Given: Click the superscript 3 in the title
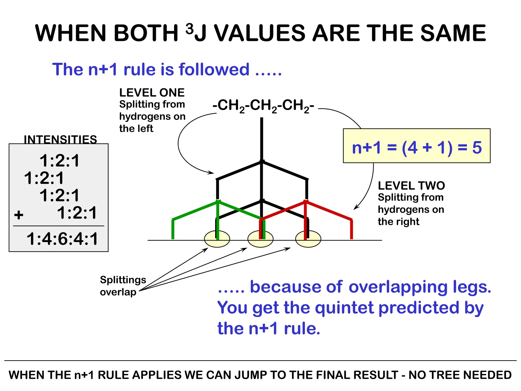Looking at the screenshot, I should click(x=190, y=29).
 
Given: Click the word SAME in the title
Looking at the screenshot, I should click(x=453, y=33).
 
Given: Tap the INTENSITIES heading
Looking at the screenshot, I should click(x=60, y=139).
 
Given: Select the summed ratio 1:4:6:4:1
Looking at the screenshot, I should click(x=62, y=239).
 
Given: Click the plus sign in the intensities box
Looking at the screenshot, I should click(x=19, y=215).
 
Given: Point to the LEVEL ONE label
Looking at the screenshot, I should click(x=152, y=93).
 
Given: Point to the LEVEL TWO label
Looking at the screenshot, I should click(x=411, y=186).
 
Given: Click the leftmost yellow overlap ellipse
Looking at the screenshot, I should click(x=217, y=239).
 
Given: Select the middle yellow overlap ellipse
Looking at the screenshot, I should click(x=260, y=239).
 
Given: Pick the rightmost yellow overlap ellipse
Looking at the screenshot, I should click(x=308, y=239).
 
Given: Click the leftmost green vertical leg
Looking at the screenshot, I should click(x=173, y=229).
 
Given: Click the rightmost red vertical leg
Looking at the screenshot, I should click(x=352, y=229).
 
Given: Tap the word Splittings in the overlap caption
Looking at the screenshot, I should click(x=123, y=280).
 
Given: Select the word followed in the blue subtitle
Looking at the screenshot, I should click(x=214, y=69).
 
